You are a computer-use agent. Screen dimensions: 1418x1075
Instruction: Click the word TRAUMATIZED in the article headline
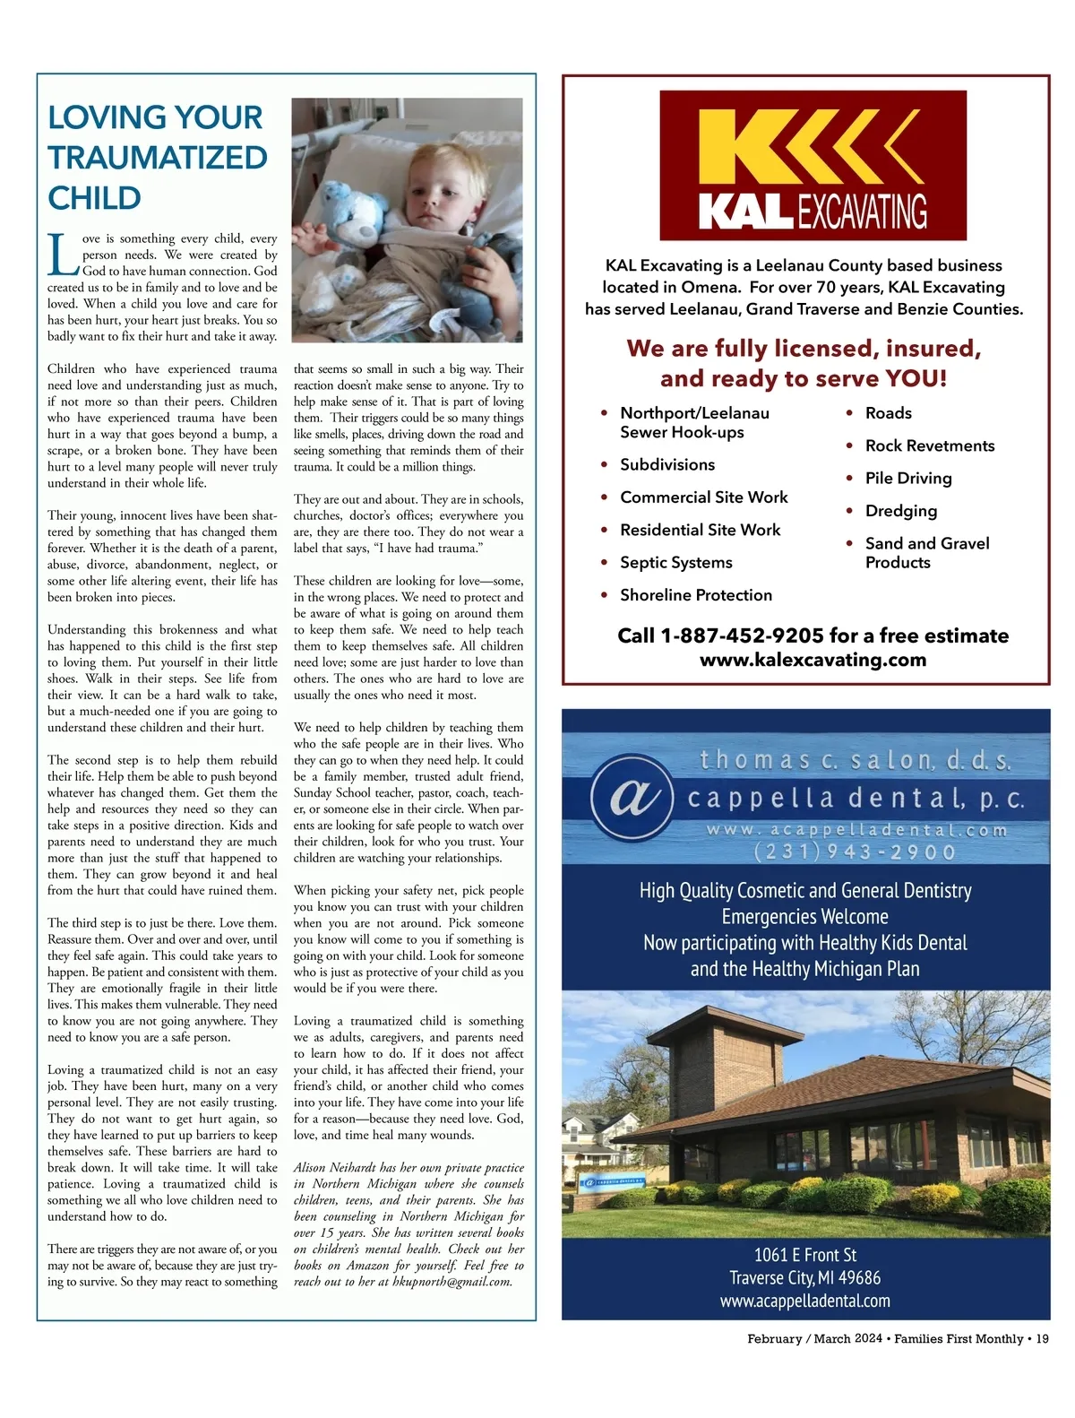158,158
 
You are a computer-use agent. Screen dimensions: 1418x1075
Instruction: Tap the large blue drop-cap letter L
63,255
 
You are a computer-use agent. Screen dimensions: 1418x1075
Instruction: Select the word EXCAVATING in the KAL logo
863,212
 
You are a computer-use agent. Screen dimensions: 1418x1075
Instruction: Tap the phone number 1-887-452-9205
742,636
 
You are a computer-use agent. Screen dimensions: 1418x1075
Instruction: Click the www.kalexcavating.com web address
813,660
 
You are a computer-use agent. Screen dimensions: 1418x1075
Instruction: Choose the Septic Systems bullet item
676,562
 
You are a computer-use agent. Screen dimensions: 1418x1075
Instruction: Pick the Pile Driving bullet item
908,478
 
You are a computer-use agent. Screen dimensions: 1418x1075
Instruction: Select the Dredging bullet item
901,511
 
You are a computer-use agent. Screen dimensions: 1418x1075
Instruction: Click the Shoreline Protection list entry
696,595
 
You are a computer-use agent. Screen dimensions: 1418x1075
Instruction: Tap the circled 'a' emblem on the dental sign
632,798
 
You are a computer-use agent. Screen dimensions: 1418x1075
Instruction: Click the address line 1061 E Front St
805,1255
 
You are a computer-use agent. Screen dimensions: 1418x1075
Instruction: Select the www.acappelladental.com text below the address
805,1301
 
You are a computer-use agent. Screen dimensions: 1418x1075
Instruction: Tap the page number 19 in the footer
1042,1338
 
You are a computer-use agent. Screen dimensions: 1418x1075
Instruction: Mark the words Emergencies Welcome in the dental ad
805,917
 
